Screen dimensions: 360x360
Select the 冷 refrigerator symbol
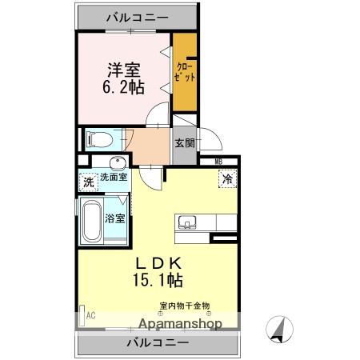(227, 180)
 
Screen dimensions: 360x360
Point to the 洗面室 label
(112, 178)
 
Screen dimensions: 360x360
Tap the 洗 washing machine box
(88, 182)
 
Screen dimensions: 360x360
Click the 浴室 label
(114, 218)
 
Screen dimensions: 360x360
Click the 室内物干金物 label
(184, 305)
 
